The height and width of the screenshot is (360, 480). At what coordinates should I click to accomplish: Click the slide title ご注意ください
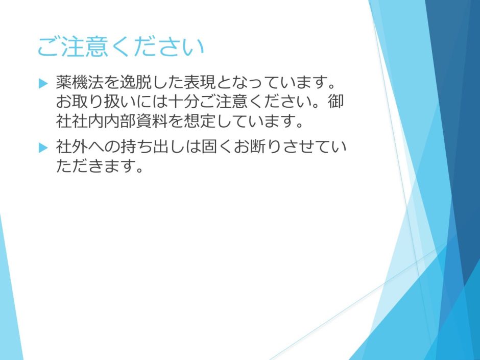(x=121, y=47)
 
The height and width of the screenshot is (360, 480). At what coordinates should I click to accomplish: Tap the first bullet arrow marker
(x=43, y=83)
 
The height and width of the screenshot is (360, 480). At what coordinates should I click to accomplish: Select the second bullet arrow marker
(x=43, y=148)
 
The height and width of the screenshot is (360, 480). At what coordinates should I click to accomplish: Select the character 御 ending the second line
(x=336, y=102)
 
